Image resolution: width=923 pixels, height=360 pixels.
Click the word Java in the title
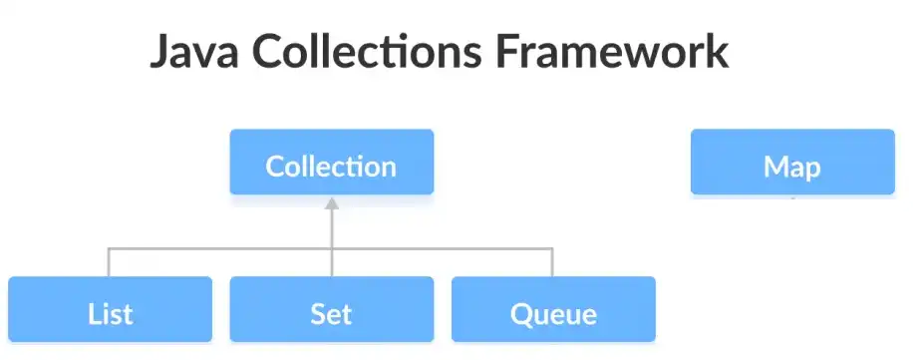coord(193,53)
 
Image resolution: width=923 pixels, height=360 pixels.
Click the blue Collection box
coord(332,163)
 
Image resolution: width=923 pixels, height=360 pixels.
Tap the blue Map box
coord(792,163)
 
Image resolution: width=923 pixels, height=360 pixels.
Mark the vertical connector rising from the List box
coord(109,262)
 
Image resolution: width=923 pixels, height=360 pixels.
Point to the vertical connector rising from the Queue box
coord(552,262)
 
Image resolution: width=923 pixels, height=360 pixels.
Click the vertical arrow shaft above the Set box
coord(332,239)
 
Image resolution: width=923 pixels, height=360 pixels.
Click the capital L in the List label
coord(92,314)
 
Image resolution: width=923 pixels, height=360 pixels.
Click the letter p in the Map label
coord(812,170)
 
